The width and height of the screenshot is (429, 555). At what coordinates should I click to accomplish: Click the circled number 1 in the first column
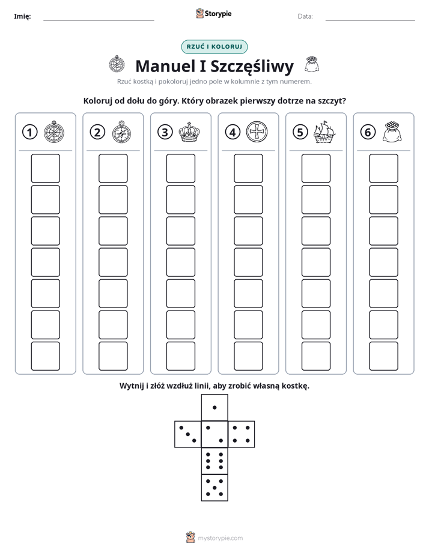coord(29,132)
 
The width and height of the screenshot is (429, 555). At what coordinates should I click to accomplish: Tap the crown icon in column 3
coord(189,132)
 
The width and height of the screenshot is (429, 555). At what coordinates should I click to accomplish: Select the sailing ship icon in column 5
coord(324,132)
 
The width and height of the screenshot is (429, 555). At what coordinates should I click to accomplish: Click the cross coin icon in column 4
coord(257,132)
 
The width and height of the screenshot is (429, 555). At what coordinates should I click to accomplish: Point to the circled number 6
coord(368,132)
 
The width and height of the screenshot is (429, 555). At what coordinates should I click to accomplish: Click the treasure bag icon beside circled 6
coord(392,132)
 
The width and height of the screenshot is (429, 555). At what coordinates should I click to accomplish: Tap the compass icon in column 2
coord(121,132)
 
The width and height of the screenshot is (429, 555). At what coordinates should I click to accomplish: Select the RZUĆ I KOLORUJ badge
coord(214,47)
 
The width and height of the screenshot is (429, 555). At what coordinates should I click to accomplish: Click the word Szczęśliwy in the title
coord(252,67)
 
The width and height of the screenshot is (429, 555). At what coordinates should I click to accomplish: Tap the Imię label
coord(22,16)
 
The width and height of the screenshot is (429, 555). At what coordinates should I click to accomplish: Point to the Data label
coord(305,16)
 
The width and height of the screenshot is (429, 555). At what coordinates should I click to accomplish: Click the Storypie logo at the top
coord(213,14)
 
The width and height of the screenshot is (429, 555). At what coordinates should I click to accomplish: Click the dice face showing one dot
coord(214,407)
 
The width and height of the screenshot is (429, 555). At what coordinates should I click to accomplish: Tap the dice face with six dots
coord(214,461)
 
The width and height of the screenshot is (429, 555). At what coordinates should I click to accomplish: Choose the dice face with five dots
coord(214,488)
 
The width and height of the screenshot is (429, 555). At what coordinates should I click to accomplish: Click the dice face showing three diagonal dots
coord(188,434)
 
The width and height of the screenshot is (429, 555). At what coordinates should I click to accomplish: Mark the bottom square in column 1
coord(45,356)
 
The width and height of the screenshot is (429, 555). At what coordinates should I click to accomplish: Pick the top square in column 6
coord(384,168)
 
